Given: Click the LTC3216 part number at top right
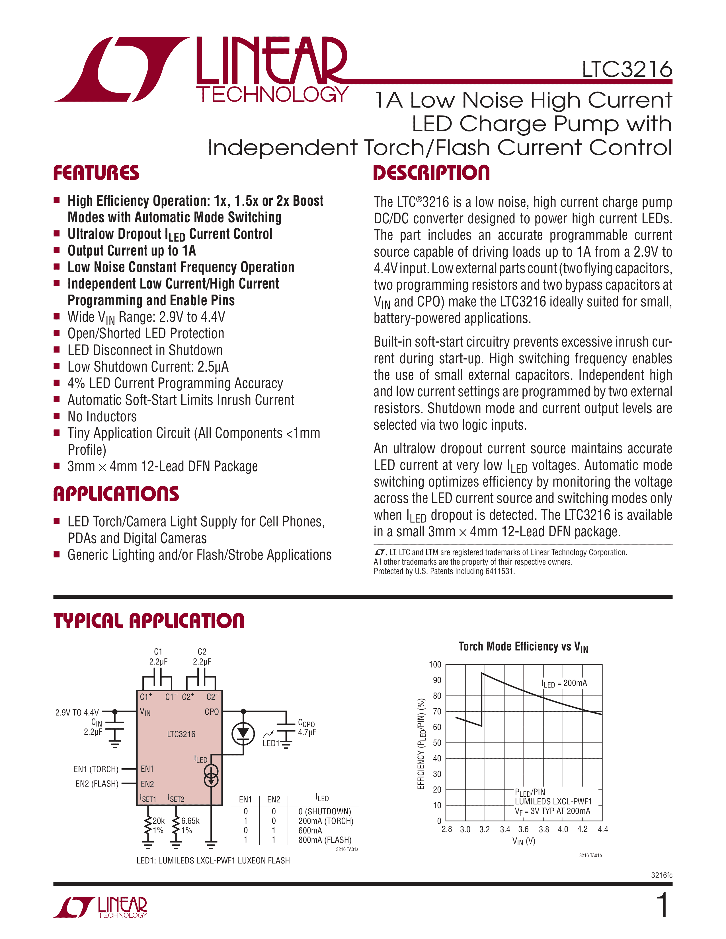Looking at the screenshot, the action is click(627, 70).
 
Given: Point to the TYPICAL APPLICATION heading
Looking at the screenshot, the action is click(149, 621).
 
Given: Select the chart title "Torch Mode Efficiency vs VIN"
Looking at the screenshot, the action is click(523, 647).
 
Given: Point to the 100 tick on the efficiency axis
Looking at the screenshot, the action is click(435, 665).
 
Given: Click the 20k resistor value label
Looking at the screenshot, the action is click(159, 821).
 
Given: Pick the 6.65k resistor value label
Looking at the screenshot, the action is click(190, 821).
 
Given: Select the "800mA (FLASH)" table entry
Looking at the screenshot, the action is click(325, 840).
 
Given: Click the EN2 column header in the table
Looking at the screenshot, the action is click(274, 799).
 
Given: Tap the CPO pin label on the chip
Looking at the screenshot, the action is click(212, 712).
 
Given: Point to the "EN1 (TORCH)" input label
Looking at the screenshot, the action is click(96, 769).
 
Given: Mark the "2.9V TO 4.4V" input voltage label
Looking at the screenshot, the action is click(77, 713).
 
